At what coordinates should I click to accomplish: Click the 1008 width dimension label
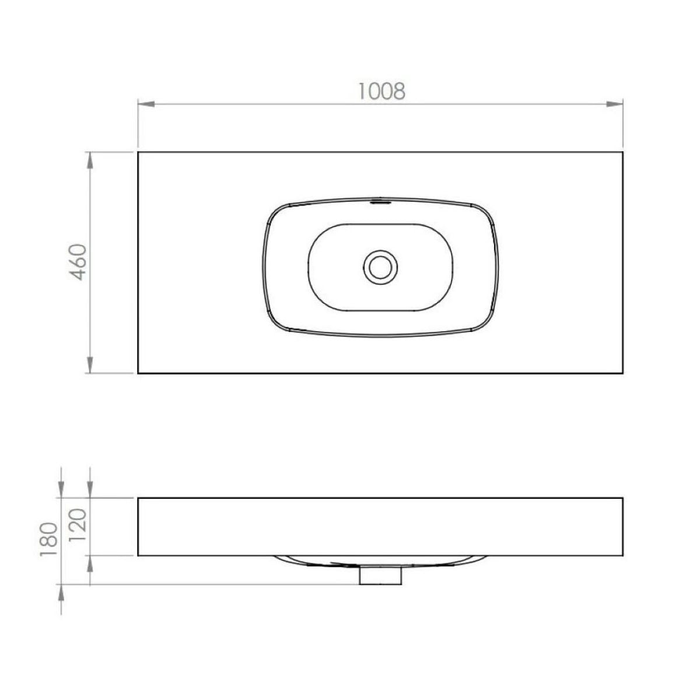381,91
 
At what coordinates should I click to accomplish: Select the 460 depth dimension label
78,262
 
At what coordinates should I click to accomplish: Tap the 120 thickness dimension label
78,525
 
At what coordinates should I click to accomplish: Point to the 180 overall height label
48,540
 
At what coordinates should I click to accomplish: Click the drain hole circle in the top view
380,267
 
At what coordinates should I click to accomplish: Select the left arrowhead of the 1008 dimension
146,104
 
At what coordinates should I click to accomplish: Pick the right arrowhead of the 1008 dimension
615,104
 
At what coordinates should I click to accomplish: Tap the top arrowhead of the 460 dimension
90,160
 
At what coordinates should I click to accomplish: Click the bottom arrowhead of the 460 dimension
90,365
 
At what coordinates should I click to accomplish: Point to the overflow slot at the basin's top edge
380,200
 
